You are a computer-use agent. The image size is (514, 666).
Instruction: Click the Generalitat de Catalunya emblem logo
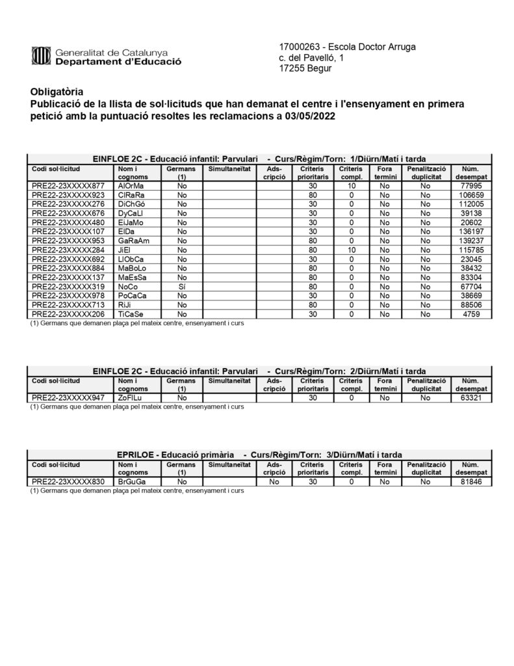(41, 57)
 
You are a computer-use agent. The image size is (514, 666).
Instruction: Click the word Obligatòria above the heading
(57, 92)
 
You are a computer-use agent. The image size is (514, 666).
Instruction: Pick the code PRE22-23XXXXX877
(68, 186)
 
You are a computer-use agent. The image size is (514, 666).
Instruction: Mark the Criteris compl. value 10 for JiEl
(351, 250)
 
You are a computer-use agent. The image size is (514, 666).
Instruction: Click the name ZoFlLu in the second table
(131, 398)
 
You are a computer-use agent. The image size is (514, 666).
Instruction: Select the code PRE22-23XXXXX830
(68, 482)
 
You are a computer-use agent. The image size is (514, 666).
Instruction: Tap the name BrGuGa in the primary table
(131, 482)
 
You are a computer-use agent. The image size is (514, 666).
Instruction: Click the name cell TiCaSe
(131, 313)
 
